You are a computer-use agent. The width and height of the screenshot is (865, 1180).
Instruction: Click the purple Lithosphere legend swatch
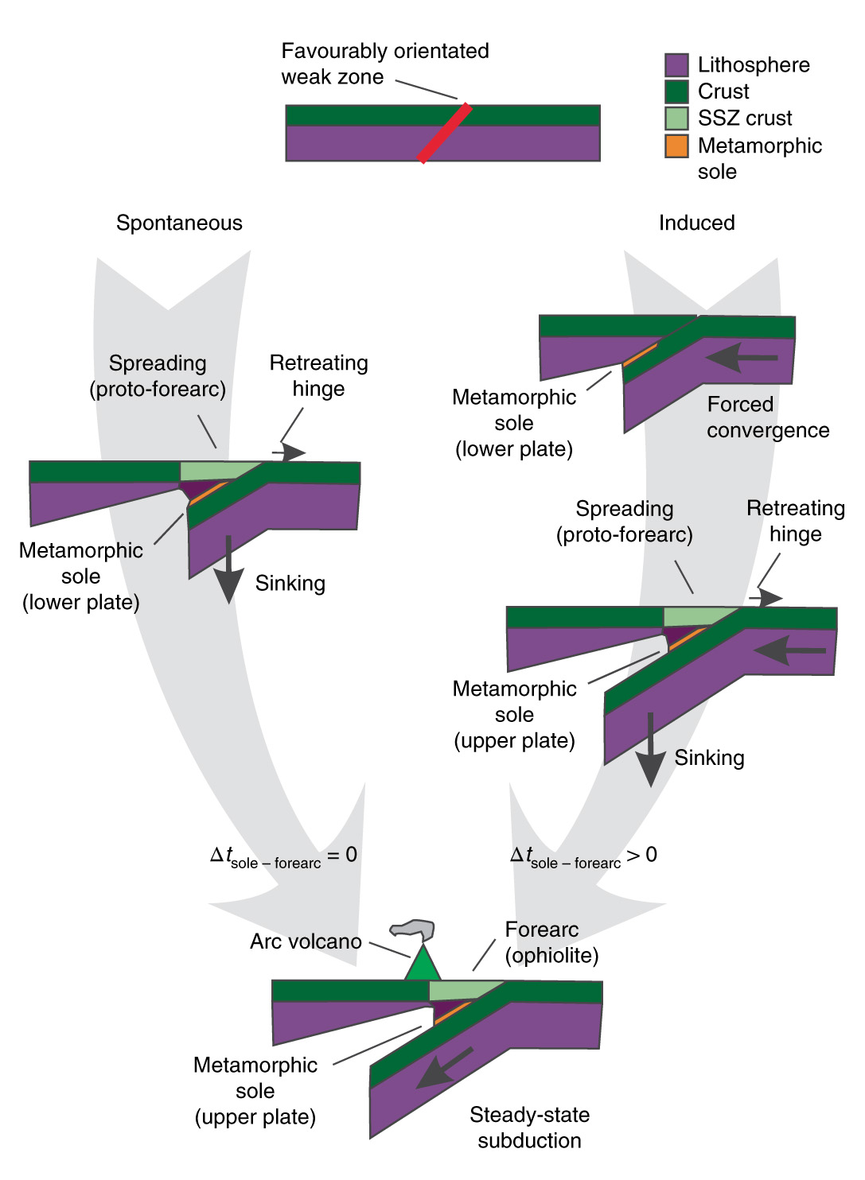click(x=676, y=65)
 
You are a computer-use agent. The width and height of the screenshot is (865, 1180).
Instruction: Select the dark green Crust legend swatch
click(x=676, y=91)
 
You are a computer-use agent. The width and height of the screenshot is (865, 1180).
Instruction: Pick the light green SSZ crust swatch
click(x=676, y=118)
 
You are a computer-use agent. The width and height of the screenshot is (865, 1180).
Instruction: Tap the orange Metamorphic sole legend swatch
click(x=676, y=146)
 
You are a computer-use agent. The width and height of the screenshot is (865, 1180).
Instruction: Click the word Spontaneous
click(x=179, y=223)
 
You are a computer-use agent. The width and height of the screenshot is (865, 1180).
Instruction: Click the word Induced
click(x=696, y=223)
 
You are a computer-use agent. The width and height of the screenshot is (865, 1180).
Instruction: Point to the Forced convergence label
click(x=767, y=417)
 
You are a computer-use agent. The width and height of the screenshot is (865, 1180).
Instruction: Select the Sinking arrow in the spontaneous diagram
click(x=229, y=569)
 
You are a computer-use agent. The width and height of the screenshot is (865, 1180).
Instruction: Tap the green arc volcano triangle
click(x=423, y=965)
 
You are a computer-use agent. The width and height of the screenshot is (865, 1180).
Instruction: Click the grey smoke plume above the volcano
click(x=414, y=928)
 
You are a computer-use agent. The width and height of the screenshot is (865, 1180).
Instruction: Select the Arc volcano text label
click(x=306, y=942)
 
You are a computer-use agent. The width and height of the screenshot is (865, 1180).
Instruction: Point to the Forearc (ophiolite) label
click(x=551, y=942)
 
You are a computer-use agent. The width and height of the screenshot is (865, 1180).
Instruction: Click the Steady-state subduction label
click(x=529, y=1128)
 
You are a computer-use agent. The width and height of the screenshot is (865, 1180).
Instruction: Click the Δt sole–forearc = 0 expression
click(x=283, y=856)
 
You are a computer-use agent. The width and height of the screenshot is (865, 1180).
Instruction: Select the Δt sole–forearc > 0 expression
click(x=583, y=856)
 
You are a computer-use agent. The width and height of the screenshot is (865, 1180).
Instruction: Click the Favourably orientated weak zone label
click(x=384, y=64)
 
